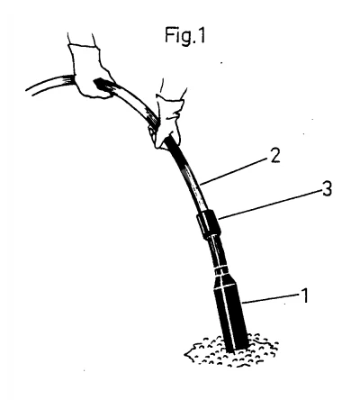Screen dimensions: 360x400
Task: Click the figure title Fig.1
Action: point(185,35)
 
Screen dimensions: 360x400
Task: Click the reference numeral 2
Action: point(275,156)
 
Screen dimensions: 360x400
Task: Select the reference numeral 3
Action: point(327,189)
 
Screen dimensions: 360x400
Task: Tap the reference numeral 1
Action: point(304,295)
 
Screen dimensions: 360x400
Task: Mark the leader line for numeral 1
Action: point(270,298)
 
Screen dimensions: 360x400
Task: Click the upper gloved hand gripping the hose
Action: point(90,72)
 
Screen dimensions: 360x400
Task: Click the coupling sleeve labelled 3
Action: point(208,224)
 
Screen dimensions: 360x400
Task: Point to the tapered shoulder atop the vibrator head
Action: point(226,281)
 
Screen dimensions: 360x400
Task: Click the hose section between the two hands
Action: point(132,101)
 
